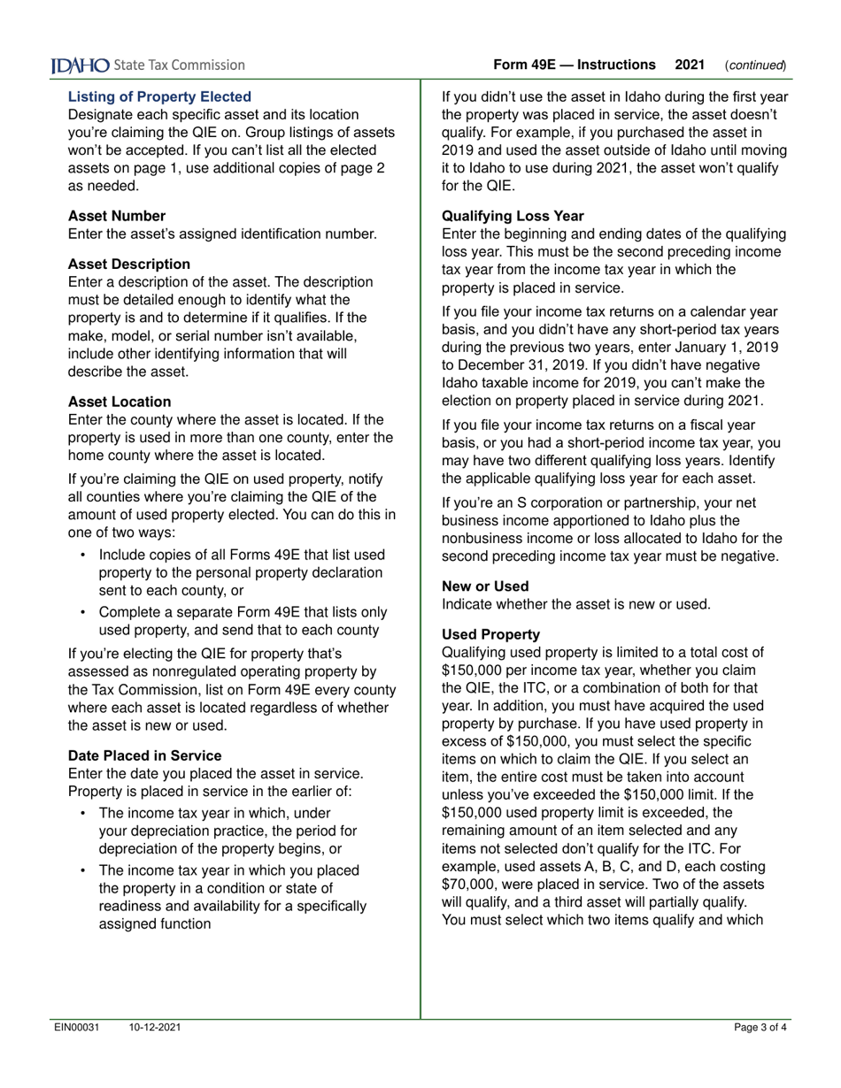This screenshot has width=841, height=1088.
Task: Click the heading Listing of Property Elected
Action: point(159,96)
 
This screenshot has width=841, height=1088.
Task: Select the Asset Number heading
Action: point(117,215)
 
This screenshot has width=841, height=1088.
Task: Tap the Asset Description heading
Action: point(129,264)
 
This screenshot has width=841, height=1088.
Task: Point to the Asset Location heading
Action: point(120,401)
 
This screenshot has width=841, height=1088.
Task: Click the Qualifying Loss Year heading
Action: point(513,215)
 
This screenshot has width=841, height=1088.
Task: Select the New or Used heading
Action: point(485,586)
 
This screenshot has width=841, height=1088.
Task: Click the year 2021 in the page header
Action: point(690,65)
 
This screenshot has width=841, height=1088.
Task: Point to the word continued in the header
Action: point(755,65)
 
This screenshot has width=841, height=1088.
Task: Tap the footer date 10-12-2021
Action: point(155,1027)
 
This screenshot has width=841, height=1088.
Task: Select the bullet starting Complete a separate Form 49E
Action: point(242,621)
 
